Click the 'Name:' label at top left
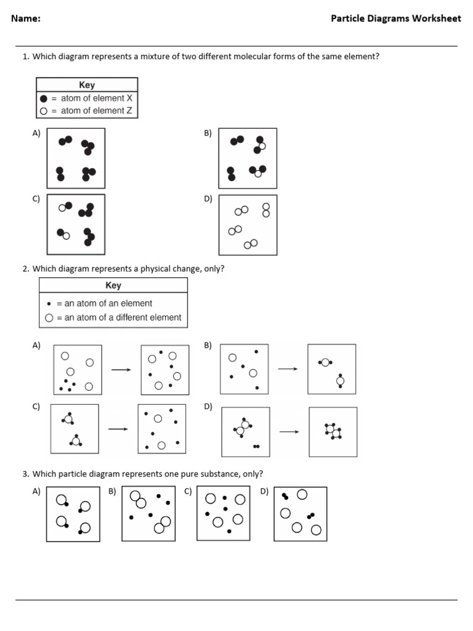(26, 18)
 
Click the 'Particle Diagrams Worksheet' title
(395, 18)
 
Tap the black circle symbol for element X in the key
(43, 99)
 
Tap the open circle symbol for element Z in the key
(43, 111)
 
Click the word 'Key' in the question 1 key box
(87, 85)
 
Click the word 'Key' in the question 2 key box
(113, 285)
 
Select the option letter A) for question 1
(36, 133)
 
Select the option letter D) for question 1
(208, 199)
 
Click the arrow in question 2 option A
(121, 370)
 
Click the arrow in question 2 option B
(288, 369)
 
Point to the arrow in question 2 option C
(118, 429)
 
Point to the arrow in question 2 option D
(289, 431)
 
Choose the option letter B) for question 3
(113, 491)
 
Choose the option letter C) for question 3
(188, 491)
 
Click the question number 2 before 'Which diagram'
(25, 269)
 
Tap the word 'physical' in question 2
(157, 269)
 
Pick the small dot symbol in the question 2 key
(49, 304)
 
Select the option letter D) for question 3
(264, 491)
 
